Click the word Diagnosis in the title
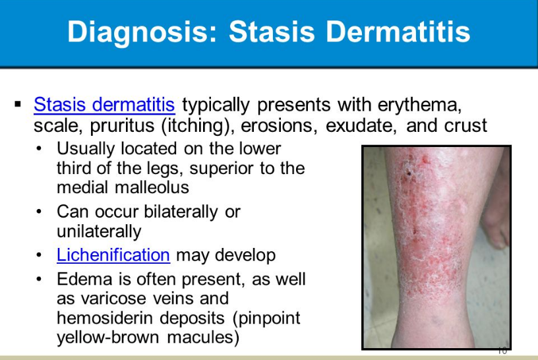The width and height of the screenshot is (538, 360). point(142,32)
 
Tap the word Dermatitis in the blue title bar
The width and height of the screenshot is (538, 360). point(398,32)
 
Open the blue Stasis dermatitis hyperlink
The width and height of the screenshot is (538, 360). point(104,104)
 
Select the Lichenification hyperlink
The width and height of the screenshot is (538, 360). point(113,255)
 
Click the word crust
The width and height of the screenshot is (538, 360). point(465,126)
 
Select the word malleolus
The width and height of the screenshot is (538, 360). point(152,187)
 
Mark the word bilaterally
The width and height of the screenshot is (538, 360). point(181,212)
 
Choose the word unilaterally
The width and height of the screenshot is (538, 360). point(99,231)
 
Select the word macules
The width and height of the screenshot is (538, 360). point(203,337)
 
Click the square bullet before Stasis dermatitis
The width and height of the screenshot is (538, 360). point(18,104)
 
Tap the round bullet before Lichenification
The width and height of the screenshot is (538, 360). point(39,255)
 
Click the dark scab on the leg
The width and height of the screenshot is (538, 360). point(409,173)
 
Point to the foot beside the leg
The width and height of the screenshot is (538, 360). point(495,220)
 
